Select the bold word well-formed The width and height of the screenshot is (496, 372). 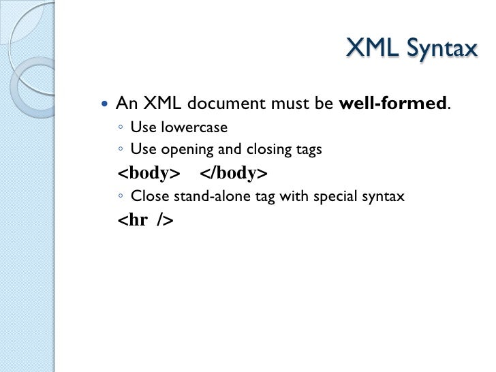pyautogui.click(x=393, y=104)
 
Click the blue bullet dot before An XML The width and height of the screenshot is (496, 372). pyautogui.click(x=104, y=105)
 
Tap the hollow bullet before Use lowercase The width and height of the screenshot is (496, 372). pyautogui.click(x=120, y=128)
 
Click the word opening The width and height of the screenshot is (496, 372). pyautogui.click(x=185, y=150)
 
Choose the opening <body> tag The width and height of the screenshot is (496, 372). pyautogui.click(x=149, y=173)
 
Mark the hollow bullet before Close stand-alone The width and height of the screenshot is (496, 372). pyautogui.click(x=120, y=198)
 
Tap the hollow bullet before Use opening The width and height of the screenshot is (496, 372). pyautogui.click(x=120, y=151)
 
